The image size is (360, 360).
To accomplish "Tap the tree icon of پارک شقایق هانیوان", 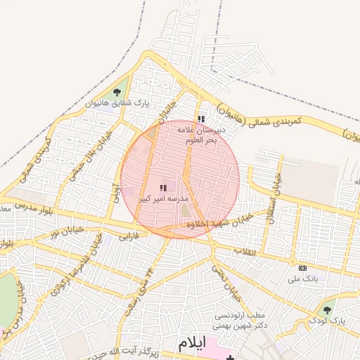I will tap(117, 92).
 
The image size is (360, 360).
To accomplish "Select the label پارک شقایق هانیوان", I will tap(117, 103).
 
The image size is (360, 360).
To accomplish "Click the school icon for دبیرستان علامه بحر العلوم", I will tap(201, 120).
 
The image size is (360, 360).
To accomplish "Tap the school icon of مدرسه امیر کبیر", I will tap(163, 188).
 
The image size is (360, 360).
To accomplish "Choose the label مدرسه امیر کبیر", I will tap(162, 200).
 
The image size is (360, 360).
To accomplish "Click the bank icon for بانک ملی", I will tap(302, 268).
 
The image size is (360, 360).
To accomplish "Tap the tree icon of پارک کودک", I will tap(327, 309).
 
